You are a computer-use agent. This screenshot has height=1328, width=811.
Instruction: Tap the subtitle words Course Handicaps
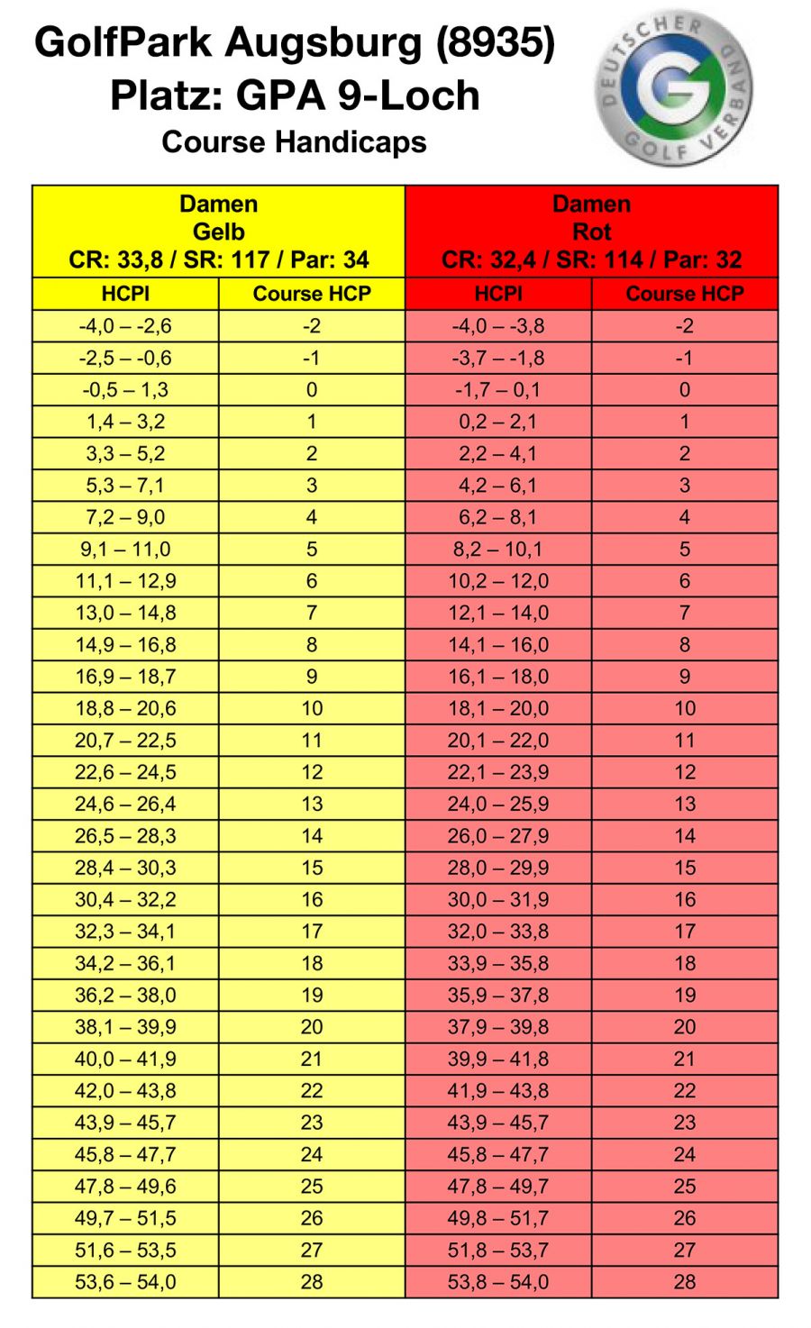point(294,141)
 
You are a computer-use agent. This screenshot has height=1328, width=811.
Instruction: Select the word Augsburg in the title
point(323,42)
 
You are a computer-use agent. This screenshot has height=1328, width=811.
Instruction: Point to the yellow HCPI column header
point(125,294)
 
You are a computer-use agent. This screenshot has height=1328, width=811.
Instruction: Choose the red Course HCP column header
point(685,294)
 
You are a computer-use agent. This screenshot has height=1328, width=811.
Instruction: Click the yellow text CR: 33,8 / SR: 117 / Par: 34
point(218,260)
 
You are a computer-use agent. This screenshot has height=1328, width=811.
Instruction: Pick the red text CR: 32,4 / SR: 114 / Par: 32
point(591,260)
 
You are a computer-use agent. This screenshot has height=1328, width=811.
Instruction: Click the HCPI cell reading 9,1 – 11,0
point(125,549)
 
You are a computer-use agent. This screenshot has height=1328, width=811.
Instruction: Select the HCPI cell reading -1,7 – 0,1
point(498,390)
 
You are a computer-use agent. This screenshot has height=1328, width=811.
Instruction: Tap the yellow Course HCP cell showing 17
point(312,932)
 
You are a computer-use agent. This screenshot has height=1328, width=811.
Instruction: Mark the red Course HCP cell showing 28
point(685,1282)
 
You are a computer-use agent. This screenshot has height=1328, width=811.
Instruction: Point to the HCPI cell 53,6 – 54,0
point(125,1282)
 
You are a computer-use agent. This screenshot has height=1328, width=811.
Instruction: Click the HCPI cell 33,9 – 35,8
point(498,963)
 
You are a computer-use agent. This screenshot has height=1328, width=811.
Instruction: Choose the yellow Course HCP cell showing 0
point(312,390)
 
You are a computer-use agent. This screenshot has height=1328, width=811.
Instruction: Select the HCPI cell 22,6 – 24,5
point(125,772)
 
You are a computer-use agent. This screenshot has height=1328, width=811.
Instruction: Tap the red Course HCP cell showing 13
point(685,804)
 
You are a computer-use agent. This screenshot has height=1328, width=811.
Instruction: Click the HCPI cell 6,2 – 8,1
point(498,517)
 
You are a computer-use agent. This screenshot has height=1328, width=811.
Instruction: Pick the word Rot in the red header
point(591,232)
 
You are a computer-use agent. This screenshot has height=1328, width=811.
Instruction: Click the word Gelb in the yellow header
point(218,232)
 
